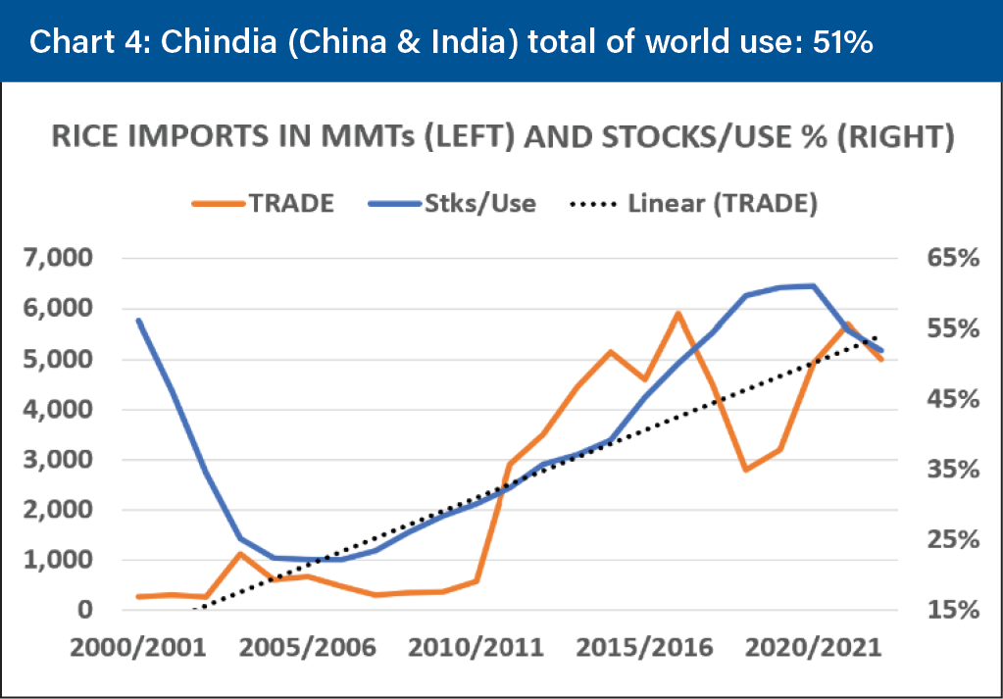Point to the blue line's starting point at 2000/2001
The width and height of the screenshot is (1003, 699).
[x=139, y=320]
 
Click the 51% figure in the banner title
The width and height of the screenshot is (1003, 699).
[x=840, y=43]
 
